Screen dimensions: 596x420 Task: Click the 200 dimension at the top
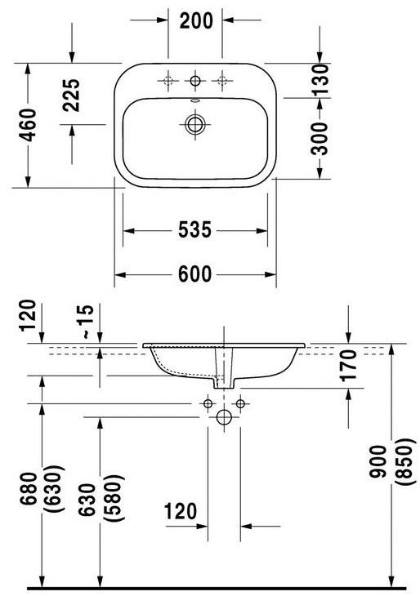coord(195,23)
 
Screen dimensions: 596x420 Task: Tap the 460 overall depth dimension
coord(29,125)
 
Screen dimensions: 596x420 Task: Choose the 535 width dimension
coord(195,231)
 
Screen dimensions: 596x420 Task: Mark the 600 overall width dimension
coord(195,274)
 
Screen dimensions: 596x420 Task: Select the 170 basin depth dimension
coord(349,364)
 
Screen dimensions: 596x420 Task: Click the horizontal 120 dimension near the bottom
coord(181,512)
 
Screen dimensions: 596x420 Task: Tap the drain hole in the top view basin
coord(194,124)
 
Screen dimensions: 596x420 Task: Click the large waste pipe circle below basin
coord(224,417)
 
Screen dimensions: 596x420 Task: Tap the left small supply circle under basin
coord(208,403)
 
